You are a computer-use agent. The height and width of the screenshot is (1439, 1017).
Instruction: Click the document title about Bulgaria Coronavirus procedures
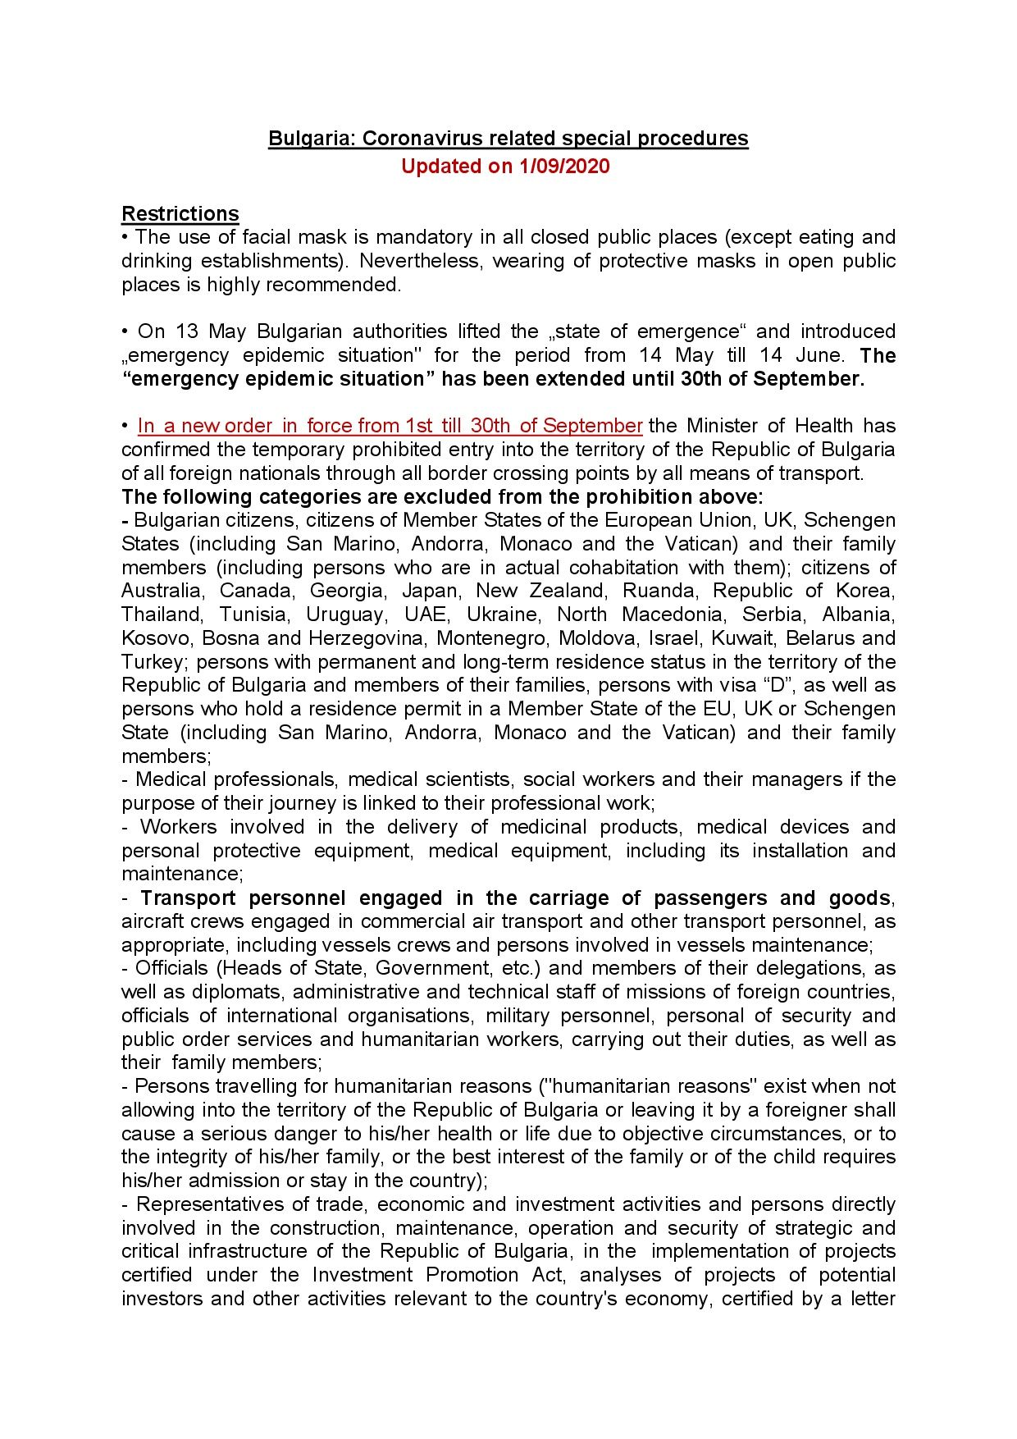click(x=508, y=139)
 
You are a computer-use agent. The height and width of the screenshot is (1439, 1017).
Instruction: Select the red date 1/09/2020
click(x=564, y=167)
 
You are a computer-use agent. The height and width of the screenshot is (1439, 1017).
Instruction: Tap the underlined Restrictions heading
click(x=180, y=214)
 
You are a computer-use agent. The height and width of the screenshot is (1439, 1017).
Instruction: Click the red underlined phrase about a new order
click(x=390, y=426)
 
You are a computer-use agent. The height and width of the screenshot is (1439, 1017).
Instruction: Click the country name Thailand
click(x=162, y=614)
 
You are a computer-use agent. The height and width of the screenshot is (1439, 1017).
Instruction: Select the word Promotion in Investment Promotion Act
click(x=472, y=1275)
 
